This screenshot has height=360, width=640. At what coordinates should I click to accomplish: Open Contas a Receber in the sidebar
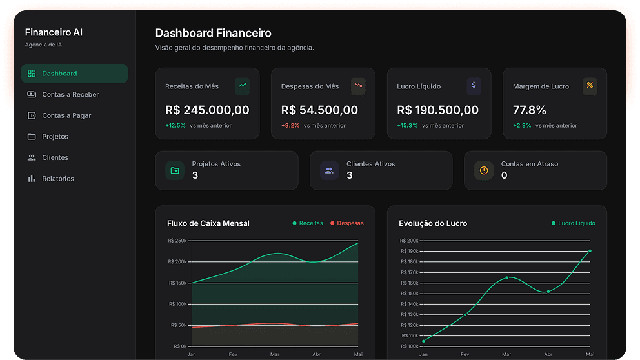coord(70,95)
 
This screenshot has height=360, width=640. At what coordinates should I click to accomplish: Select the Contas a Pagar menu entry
coord(66,115)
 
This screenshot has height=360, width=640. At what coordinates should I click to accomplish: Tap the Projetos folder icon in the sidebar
coord(32,137)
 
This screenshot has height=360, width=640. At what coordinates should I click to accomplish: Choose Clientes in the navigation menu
coord(55,157)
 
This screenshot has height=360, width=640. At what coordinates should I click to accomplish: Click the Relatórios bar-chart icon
coord(32,179)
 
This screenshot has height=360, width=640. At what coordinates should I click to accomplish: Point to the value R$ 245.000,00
coord(207,110)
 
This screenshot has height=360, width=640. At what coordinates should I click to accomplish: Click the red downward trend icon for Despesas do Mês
coord(358,85)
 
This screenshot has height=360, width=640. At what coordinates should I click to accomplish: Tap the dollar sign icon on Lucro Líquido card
coord(474,85)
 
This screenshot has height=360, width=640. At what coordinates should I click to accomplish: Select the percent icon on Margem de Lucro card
coord(590,85)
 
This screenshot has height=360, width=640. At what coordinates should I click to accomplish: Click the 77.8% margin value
coord(529,110)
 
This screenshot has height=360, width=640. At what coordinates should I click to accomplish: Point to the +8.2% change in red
coord(290,126)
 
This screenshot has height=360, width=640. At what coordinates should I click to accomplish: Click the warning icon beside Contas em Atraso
coord(483,170)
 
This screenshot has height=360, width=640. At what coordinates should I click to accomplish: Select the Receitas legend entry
coord(308,223)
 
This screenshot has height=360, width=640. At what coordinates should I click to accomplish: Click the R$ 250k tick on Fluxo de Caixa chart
coord(177,241)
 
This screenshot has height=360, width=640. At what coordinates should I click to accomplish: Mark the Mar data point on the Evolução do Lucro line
coord(507,277)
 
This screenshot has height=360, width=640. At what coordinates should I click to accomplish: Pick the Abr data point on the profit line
coord(548,292)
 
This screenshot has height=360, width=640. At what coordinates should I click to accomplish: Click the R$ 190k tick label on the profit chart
coord(409,251)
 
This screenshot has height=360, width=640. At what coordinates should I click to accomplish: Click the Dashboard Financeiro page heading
coord(213,33)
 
